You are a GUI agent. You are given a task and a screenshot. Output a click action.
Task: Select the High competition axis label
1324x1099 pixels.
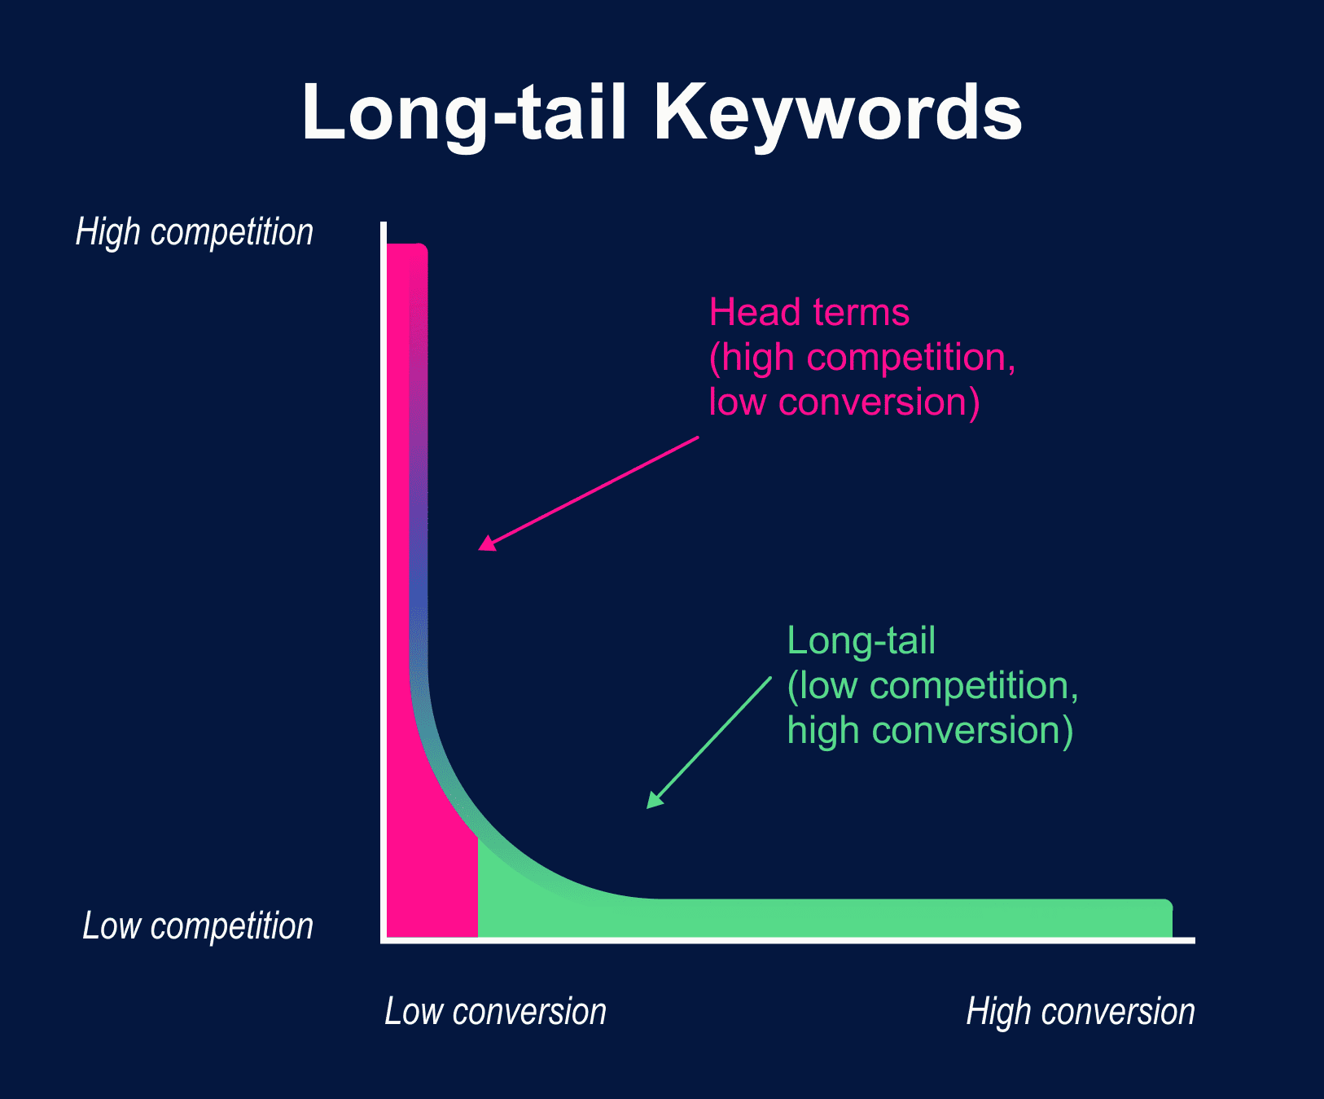(x=195, y=232)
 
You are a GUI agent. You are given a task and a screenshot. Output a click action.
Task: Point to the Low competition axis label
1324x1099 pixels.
(x=198, y=926)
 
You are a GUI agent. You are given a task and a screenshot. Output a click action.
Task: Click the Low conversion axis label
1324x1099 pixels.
(x=495, y=1012)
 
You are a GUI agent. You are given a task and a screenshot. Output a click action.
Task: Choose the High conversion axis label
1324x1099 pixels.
(x=1081, y=1012)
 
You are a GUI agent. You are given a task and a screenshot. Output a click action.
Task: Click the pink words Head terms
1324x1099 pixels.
(x=809, y=312)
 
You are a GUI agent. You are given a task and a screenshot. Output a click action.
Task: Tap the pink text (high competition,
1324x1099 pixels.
(x=862, y=358)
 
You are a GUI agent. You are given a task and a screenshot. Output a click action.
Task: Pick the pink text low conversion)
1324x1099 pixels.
(x=844, y=402)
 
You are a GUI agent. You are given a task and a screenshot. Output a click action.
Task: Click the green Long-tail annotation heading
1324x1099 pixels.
(x=861, y=640)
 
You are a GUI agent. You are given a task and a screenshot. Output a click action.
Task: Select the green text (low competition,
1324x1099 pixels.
(x=932, y=686)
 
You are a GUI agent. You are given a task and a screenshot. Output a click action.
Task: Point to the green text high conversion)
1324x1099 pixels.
(x=930, y=731)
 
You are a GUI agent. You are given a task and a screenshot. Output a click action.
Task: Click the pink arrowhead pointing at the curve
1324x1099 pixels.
(x=487, y=543)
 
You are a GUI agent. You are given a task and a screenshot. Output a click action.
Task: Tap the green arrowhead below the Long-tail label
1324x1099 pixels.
(x=654, y=800)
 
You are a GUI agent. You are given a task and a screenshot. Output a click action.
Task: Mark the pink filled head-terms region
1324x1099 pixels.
(x=432, y=888)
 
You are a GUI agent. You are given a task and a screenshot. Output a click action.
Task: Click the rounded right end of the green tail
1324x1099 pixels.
(x=1166, y=917)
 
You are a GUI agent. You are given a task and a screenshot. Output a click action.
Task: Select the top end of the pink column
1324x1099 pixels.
(x=406, y=249)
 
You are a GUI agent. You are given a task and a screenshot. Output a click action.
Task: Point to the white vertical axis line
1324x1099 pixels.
(x=384, y=570)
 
